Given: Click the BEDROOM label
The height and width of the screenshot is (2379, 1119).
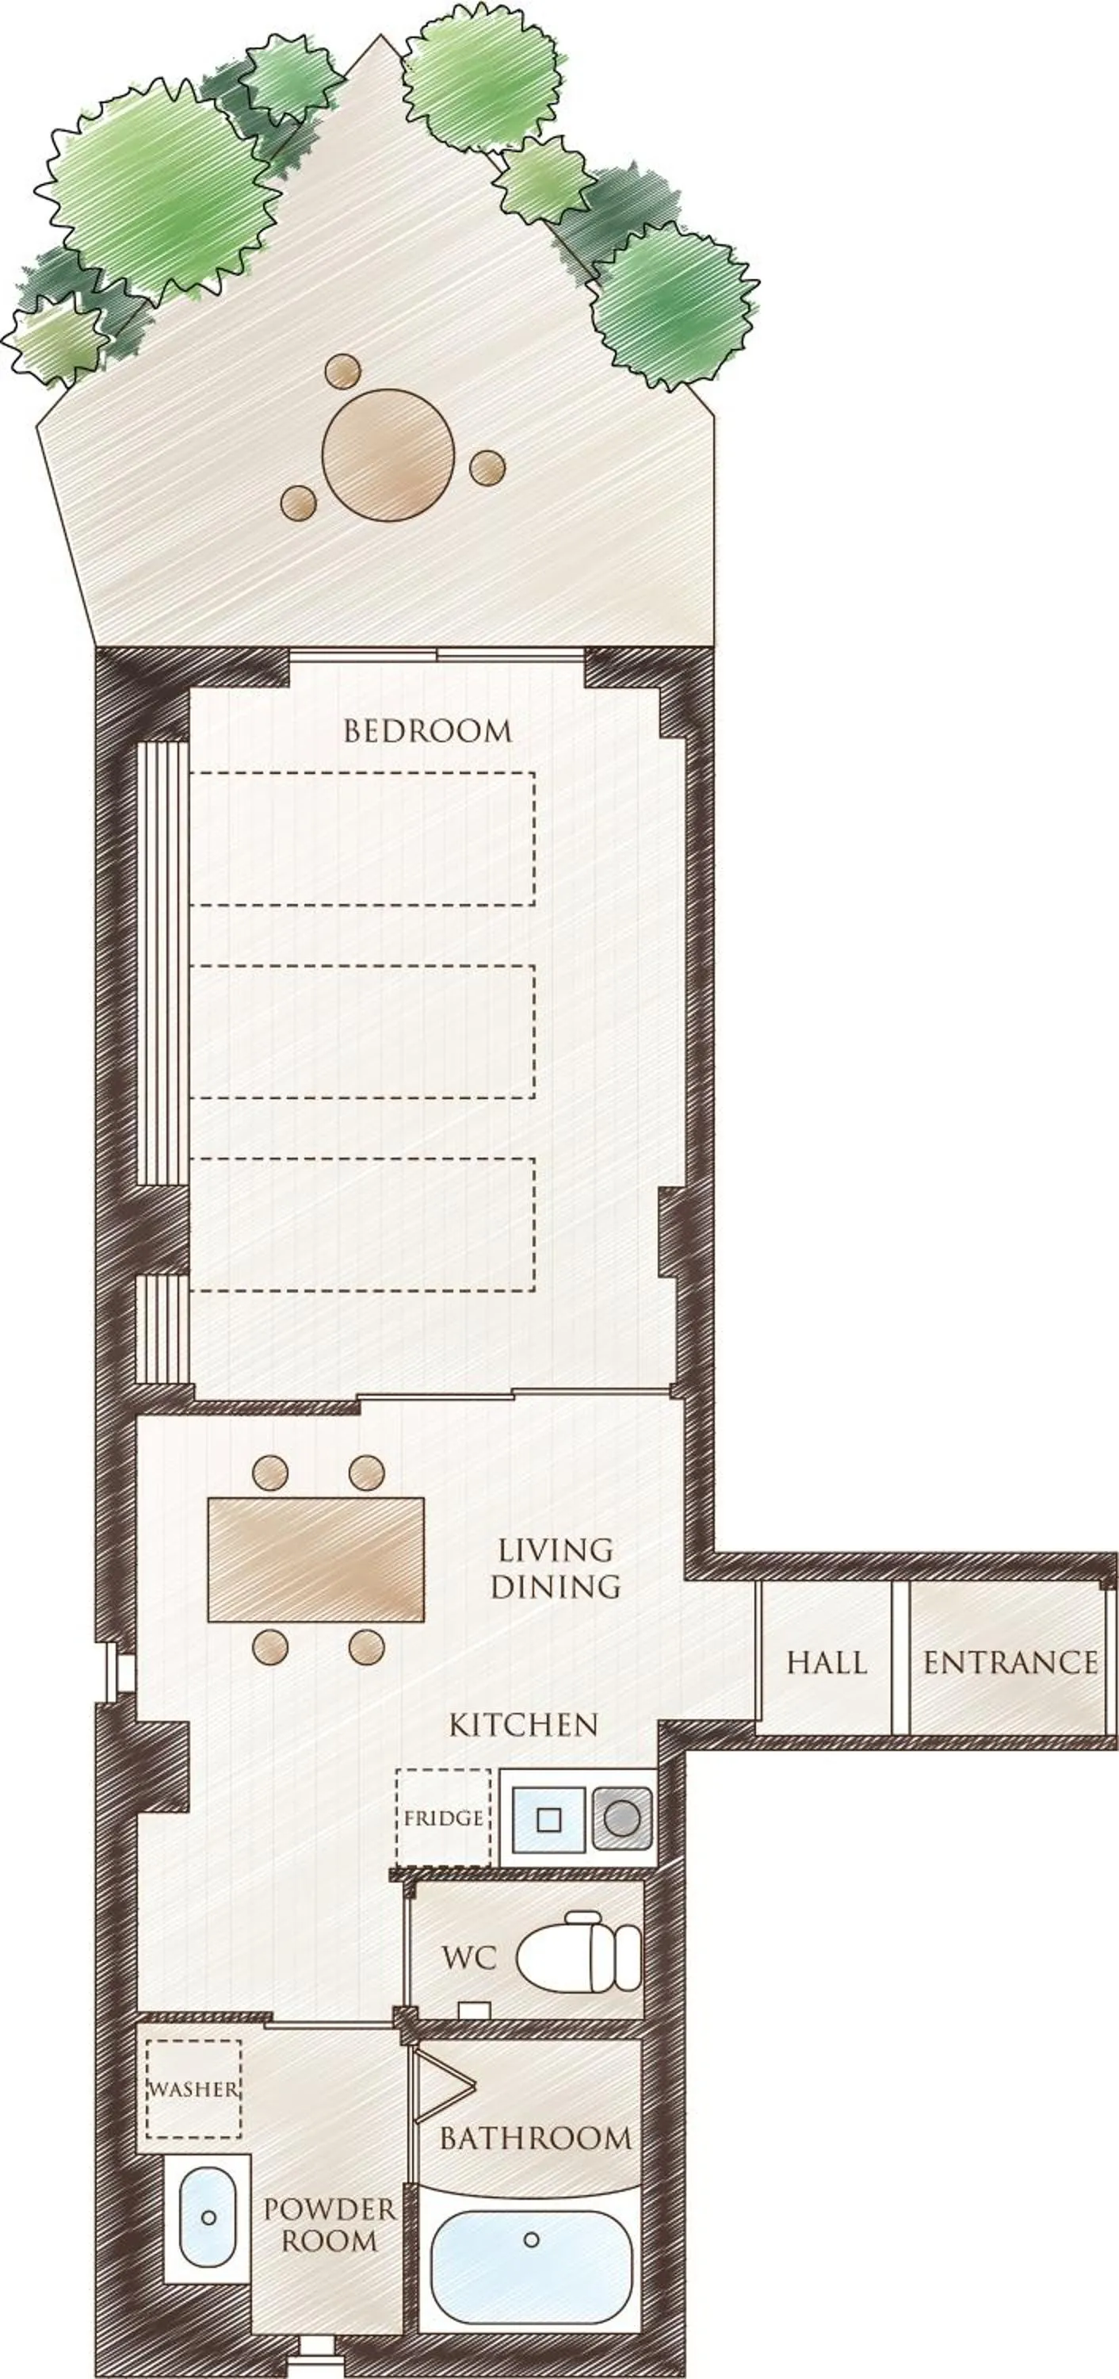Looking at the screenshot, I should pos(427,731).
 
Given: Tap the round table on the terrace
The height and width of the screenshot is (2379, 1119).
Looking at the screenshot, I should pos(388,454).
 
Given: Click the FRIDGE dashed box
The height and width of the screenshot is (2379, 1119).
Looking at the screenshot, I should pos(443,1818).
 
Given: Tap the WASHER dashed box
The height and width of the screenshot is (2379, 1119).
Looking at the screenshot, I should pos(194,2089).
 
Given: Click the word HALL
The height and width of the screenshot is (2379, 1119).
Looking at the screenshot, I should pos(827,1663).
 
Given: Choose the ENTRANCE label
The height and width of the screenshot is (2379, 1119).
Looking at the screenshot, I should pos(1010,1663).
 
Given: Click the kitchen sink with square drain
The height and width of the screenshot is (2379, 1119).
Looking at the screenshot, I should pos(549,1818).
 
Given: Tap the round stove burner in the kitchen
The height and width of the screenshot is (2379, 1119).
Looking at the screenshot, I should pos(621,1818).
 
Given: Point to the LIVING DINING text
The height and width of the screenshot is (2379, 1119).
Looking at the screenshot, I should pos(555,1568).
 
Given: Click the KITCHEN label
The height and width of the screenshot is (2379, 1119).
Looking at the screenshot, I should pos(524,1724).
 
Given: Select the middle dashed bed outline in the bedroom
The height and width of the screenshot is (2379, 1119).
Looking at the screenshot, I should pos(362,1032).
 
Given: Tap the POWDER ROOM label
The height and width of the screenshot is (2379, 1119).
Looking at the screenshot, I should pos(330,2226).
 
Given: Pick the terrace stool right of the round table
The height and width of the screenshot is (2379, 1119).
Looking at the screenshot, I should pos(487,467).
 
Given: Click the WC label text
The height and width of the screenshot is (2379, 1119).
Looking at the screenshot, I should pos(469,1957).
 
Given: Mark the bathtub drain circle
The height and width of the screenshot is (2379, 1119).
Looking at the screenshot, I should pos(531,2239).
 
